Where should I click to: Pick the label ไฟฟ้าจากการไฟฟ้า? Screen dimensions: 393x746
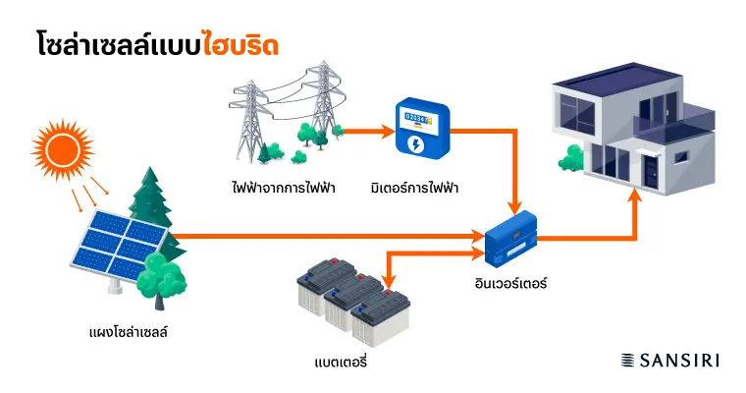pyautogui.click(x=278, y=187)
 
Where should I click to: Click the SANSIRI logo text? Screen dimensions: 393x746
pyautogui.click(x=680, y=361)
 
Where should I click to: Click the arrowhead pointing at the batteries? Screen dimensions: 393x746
pyautogui.click(x=390, y=288)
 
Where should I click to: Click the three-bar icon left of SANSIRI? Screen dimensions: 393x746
pyautogui.click(x=629, y=361)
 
